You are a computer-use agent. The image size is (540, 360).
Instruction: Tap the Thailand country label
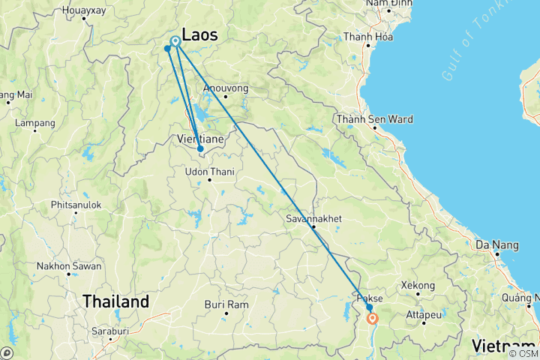tap(115, 301)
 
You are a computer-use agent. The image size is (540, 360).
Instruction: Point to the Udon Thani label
tap(210, 172)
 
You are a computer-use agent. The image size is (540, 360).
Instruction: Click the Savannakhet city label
tap(312, 219)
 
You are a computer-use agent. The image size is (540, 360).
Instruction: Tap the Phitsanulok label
tap(76, 204)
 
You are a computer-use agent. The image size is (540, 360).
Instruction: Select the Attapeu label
tap(424, 314)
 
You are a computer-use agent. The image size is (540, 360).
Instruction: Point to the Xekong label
tap(418, 286)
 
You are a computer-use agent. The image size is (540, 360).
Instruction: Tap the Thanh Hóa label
tap(367, 36)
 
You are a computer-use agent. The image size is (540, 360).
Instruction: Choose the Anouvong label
tap(226, 88)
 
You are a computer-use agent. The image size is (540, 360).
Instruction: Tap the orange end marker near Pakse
tap(373, 318)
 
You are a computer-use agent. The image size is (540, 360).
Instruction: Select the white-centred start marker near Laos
tap(175, 41)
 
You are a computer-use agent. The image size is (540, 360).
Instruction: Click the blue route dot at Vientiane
tap(200, 148)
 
